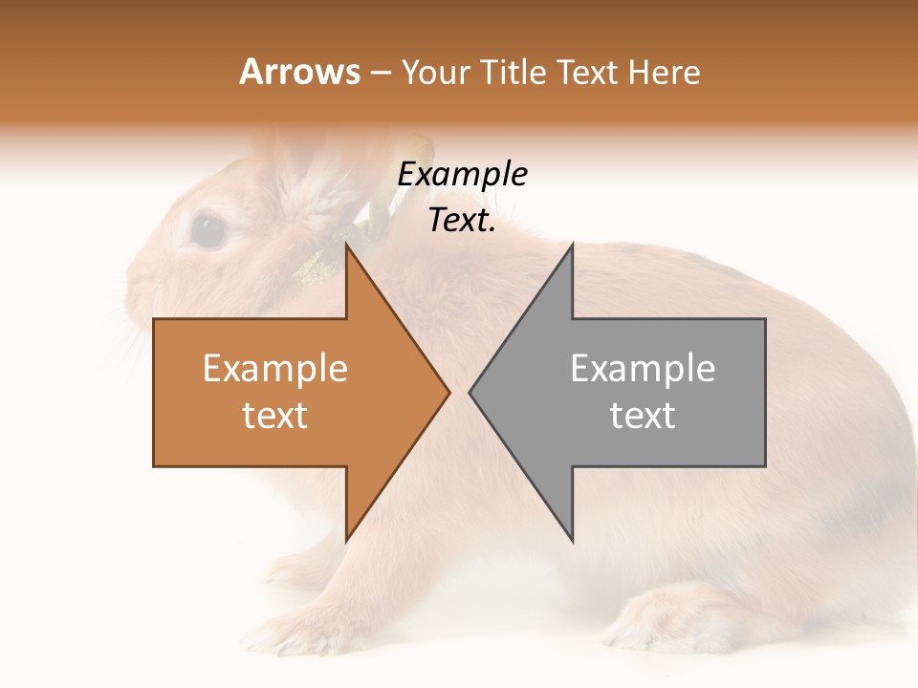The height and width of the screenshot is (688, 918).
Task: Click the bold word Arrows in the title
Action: click(x=299, y=72)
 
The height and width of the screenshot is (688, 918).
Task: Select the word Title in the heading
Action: click(x=514, y=73)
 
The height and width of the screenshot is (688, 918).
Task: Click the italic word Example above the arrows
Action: click(x=462, y=175)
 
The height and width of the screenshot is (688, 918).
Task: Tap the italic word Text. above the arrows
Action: click(x=462, y=221)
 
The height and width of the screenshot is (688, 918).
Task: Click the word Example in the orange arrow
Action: click(x=275, y=369)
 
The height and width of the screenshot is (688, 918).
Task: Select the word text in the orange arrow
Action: click(x=275, y=416)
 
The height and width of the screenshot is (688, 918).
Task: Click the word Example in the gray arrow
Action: click(x=643, y=369)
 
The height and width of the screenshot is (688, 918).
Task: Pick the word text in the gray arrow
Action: click(x=643, y=416)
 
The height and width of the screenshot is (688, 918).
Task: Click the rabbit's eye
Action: click(x=208, y=230)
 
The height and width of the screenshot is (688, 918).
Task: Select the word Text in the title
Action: click(x=588, y=73)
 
